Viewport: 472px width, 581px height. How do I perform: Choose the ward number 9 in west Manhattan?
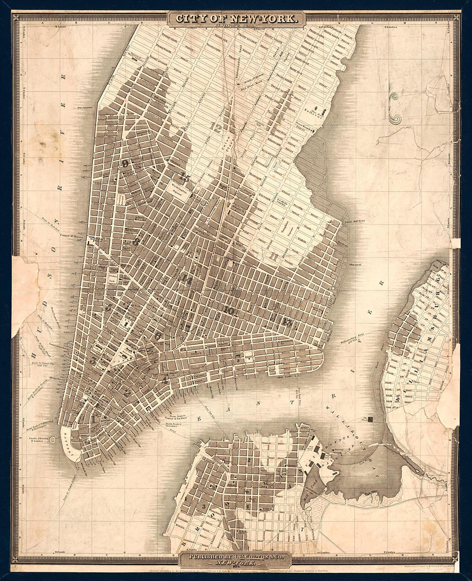click(x=125, y=163)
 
